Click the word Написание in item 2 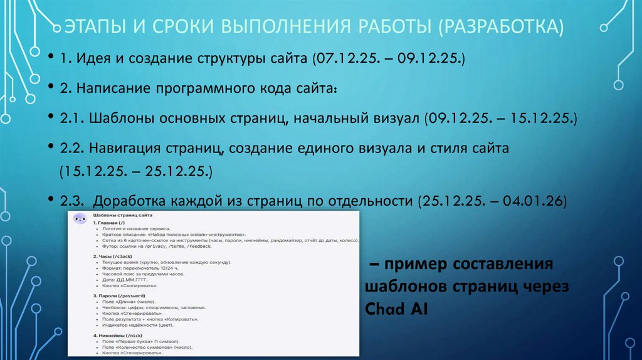click(x=110, y=88)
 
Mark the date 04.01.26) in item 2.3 click(x=535, y=201)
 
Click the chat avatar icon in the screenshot click(x=80, y=218)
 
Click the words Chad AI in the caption click(x=396, y=309)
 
